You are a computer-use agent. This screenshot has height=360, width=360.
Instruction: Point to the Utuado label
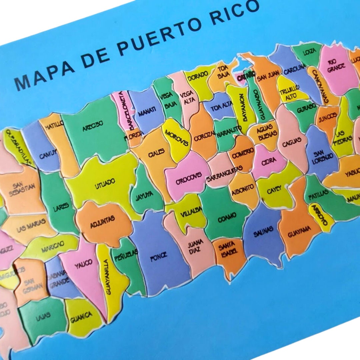tap(105, 183)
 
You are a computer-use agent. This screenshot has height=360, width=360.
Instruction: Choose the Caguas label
tap(290, 143)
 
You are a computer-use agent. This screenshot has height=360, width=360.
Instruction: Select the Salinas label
tap(263, 230)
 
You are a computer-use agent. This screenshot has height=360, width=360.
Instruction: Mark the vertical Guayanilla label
tap(108, 277)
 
